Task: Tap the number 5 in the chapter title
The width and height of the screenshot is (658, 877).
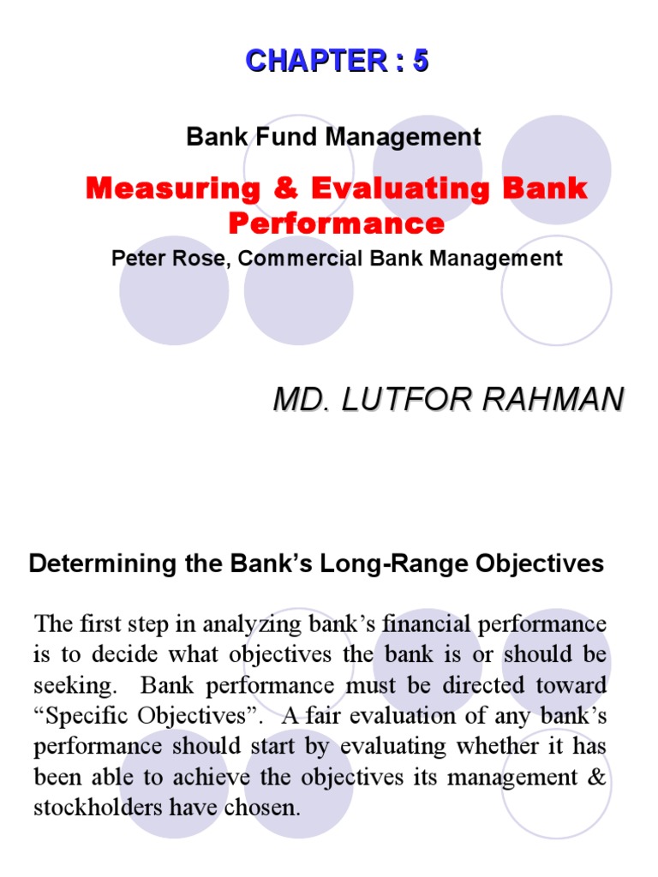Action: [x=420, y=61]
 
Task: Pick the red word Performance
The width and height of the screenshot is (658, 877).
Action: [x=337, y=224]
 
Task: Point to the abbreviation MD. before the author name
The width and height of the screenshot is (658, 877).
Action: [x=296, y=399]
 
